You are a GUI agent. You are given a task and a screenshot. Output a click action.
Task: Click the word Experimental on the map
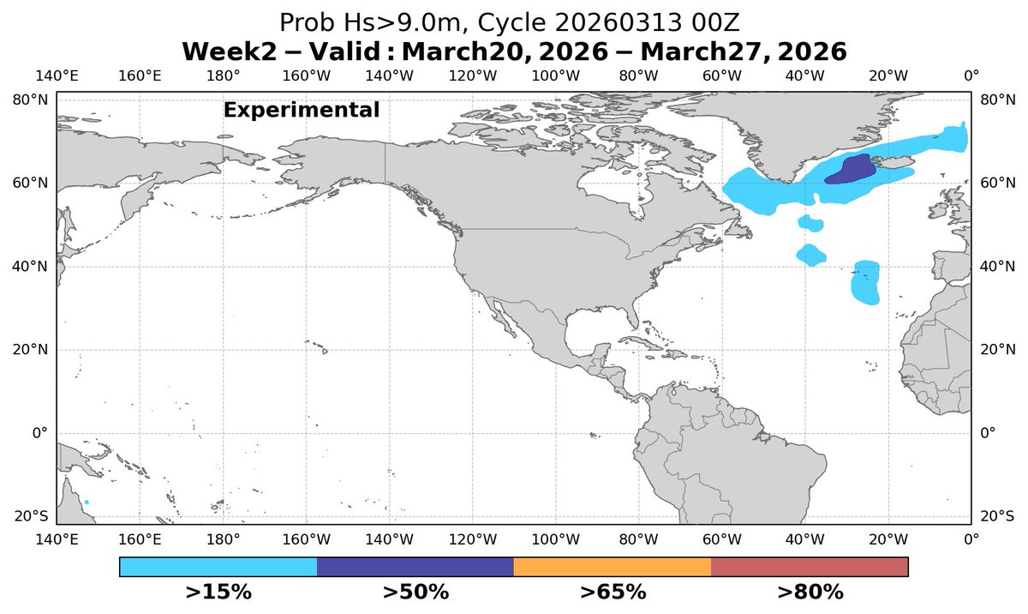tap(301, 110)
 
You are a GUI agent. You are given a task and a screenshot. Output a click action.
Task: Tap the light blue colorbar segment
tap(218, 567)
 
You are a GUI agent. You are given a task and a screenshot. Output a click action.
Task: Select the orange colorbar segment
tap(612, 567)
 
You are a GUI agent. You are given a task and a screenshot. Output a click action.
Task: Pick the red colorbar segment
tap(809, 567)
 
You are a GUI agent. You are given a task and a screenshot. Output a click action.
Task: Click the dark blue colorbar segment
tap(415, 567)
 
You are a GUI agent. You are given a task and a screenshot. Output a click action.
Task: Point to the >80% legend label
tap(810, 592)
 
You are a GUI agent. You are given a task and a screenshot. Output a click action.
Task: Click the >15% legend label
tap(218, 592)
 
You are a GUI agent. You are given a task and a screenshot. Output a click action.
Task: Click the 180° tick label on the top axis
tap(223, 75)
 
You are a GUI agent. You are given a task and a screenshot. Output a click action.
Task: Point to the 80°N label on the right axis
tap(997, 99)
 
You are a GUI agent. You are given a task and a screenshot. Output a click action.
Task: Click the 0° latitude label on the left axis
tap(39, 432)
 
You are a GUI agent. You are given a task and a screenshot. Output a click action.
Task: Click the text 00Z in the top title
tap(727, 22)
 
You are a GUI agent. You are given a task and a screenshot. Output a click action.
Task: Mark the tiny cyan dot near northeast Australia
tap(87, 503)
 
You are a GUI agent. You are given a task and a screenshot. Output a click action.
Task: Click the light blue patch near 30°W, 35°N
tap(866, 283)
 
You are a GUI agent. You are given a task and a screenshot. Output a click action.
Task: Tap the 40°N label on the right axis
tap(997, 266)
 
